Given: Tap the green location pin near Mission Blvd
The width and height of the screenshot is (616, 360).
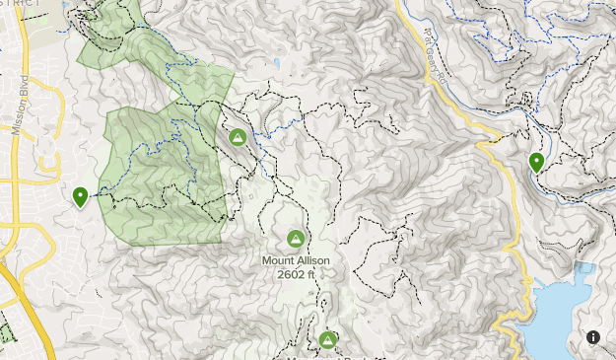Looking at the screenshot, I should coord(80,196).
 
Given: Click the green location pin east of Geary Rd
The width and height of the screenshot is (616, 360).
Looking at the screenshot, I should coord(536,162).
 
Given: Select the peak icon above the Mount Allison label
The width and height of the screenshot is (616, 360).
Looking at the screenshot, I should coord(295,239).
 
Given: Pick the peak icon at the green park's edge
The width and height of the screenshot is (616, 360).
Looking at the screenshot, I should coord(237,137).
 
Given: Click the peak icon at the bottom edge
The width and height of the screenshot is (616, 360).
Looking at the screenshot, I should coord(327,340).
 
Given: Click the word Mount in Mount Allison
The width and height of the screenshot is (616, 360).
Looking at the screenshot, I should coord(279,260).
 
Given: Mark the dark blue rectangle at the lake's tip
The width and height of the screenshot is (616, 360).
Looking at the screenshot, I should coord(584,268).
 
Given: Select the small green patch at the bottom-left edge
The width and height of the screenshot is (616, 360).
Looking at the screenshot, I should coord(6,333).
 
